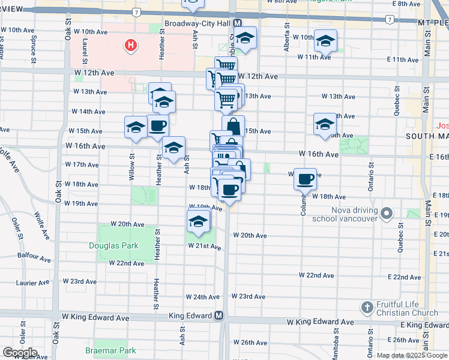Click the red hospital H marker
click(x=130, y=45)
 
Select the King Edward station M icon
click(x=219, y=316)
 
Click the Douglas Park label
click(x=113, y=245)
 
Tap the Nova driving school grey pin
click(x=387, y=213)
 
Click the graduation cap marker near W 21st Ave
click(x=197, y=222)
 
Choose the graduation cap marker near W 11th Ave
click(x=325, y=41)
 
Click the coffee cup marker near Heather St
click(x=158, y=126)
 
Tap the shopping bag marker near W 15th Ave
click(x=234, y=127)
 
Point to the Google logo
click(x=19, y=353)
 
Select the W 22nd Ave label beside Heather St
click(x=127, y=263)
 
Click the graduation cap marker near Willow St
click(x=136, y=127)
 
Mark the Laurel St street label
click(x=85, y=50)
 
